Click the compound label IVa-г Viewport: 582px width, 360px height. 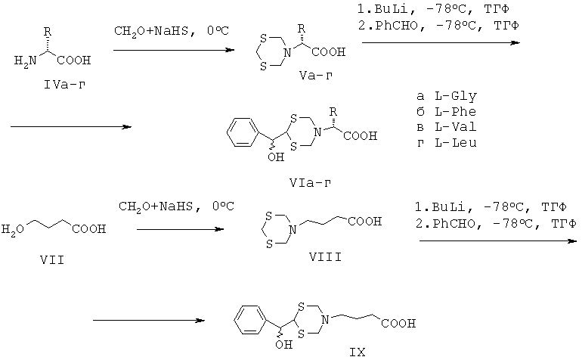(64, 85)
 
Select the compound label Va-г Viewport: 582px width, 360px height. (316, 76)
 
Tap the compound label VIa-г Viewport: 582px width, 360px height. (311, 182)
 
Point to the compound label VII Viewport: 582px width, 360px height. (52, 259)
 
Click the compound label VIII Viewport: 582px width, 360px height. (326, 256)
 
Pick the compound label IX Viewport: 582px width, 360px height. (357, 352)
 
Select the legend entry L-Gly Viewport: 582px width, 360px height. (456, 96)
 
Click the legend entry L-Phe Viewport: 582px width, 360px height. (456, 111)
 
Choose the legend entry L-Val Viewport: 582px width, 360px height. (456, 127)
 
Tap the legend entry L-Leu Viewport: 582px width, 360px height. (456, 142)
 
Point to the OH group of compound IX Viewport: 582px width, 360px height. (284, 344)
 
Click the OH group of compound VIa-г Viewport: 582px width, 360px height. (276, 157)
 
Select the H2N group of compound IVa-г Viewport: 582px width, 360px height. (25, 61)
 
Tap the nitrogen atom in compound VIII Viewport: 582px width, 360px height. (293, 230)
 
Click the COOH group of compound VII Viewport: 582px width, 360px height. (88, 228)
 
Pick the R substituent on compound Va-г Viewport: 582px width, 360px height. (302, 29)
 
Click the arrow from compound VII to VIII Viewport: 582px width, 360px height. (181, 229)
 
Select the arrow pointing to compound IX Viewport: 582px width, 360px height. (149, 320)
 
